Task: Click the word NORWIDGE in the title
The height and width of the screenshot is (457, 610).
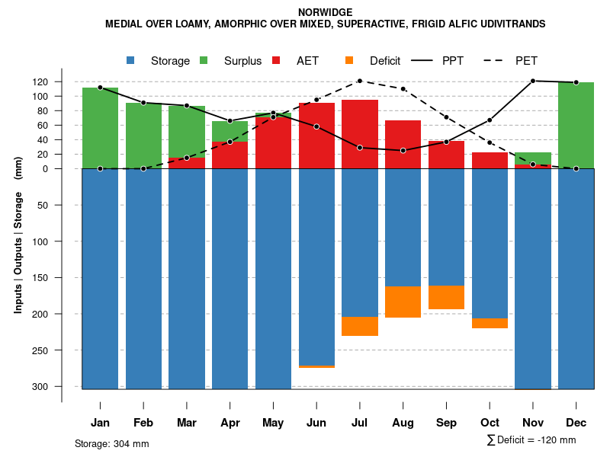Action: click(x=326, y=13)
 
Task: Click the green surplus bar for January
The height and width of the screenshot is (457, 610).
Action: click(x=100, y=127)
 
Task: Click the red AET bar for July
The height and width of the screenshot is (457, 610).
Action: click(x=360, y=134)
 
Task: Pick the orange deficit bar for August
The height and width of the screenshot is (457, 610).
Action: click(x=403, y=302)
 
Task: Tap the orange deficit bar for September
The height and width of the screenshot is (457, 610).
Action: click(x=446, y=297)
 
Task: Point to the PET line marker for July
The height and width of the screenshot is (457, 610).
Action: click(x=360, y=81)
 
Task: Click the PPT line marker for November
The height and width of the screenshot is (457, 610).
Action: click(x=533, y=81)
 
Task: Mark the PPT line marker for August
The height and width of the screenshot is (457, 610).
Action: click(x=403, y=150)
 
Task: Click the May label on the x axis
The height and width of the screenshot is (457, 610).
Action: click(x=273, y=423)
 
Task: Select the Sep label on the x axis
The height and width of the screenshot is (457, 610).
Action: click(x=446, y=423)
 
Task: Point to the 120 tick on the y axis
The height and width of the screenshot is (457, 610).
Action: click(x=62, y=81)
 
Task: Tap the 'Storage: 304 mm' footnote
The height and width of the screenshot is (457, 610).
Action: click(x=112, y=443)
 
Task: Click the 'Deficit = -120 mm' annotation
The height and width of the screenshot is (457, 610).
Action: click(x=531, y=440)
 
